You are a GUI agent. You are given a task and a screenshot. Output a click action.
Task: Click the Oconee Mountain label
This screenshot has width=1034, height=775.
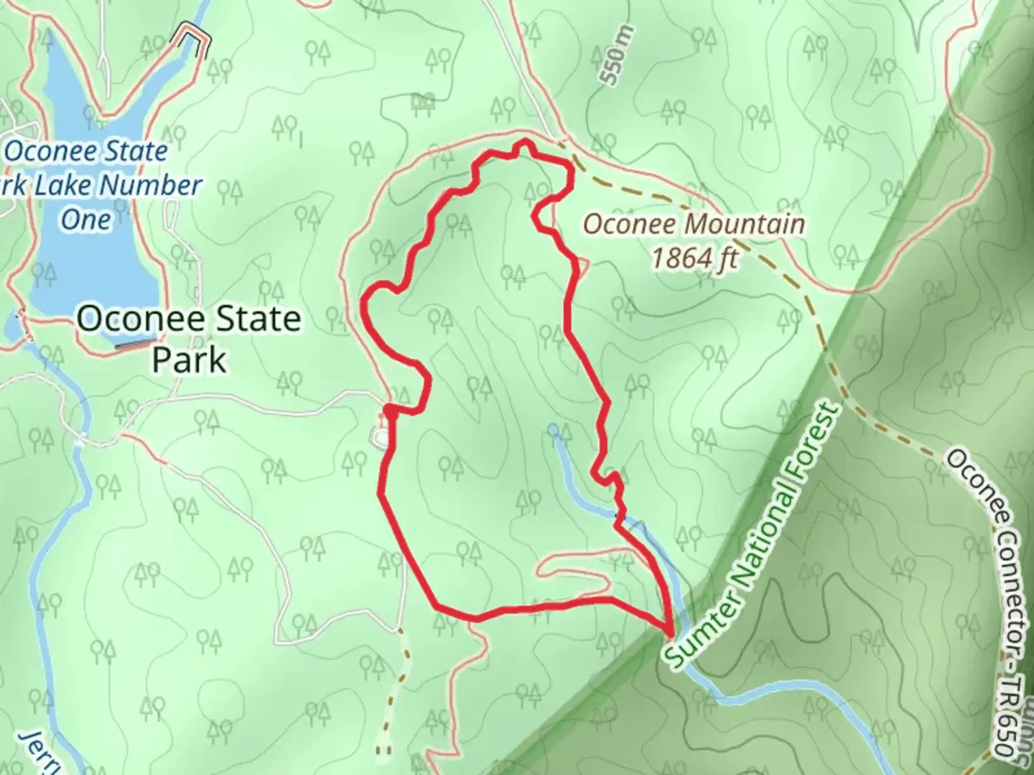[693, 225]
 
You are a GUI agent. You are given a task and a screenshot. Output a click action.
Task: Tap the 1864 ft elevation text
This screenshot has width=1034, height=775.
[694, 258]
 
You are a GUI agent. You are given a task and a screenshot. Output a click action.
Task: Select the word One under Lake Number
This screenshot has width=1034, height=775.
[85, 220]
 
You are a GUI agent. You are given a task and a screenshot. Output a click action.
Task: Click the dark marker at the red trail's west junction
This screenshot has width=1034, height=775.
[390, 410]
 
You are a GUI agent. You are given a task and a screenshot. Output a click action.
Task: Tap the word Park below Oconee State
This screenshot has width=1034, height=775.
[189, 360]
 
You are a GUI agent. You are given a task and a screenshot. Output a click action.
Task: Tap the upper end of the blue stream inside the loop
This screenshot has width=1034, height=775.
[553, 429]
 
